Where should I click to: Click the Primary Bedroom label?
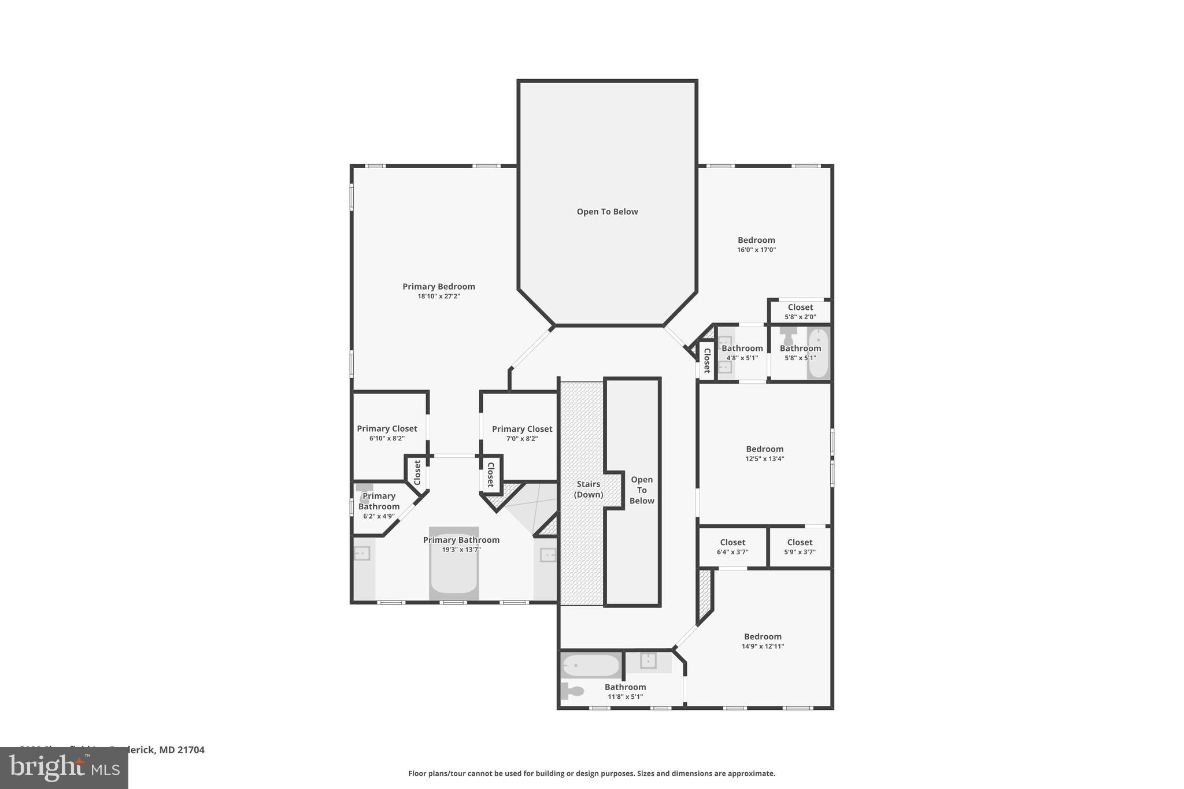click(x=438, y=286)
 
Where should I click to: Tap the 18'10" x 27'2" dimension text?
click(x=438, y=297)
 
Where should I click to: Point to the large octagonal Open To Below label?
click(x=607, y=212)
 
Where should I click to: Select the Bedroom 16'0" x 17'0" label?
click(x=756, y=240)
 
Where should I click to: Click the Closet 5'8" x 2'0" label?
click(x=800, y=308)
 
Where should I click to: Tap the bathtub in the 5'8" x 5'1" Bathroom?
click(x=817, y=353)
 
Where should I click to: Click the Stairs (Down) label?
click(x=588, y=489)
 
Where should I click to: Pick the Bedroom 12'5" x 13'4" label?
click(x=764, y=449)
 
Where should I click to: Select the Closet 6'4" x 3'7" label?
click(x=732, y=542)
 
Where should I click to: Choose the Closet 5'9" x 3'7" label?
click(x=800, y=542)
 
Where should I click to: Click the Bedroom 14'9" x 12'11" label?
click(x=763, y=636)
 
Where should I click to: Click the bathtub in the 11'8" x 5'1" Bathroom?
click(x=590, y=665)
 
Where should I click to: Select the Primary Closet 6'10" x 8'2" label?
click(x=387, y=429)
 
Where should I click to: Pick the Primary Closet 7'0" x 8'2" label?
click(x=521, y=429)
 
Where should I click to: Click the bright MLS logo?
click(x=64, y=768)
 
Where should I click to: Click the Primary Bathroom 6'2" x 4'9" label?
click(x=379, y=501)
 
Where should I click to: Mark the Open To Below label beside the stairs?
click(x=641, y=490)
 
